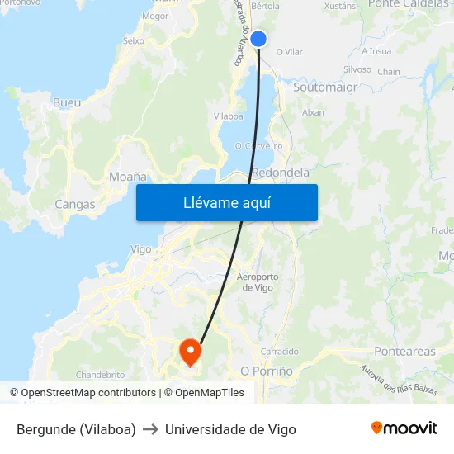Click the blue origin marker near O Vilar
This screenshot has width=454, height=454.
click(x=258, y=39)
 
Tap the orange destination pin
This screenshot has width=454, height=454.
click(x=190, y=352)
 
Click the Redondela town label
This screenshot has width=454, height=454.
click(x=281, y=173)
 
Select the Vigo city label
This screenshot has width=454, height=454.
click(x=141, y=249)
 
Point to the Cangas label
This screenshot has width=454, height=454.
click(x=74, y=204)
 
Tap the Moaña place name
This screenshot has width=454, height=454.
click(x=127, y=177)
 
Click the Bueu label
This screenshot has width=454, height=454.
click(x=66, y=103)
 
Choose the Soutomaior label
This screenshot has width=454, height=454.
click(x=325, y=87)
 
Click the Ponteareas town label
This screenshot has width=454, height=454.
click(x=404, y=352)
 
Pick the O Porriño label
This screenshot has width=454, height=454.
click(x=266, y=371)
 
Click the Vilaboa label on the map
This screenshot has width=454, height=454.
click(x=228, y=116)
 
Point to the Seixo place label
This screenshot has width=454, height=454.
click(x=133, y=40)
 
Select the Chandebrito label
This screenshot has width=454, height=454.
click(x=100, y=374)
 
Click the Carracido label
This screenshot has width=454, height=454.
click(x=280, y=352)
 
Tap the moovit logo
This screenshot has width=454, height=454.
click(x=404, y=428)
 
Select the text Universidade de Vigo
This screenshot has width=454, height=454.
click(x=230, y=429)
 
